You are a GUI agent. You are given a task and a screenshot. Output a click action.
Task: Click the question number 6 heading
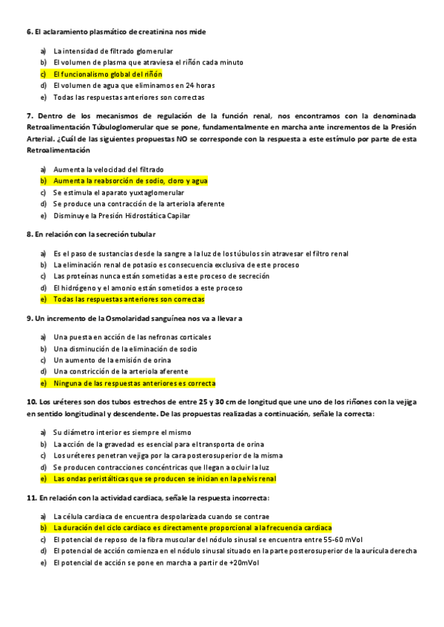(30, 32)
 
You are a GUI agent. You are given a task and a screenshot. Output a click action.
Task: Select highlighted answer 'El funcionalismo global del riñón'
(107, 74)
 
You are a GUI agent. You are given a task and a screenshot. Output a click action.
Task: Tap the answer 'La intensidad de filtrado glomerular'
(113, 51)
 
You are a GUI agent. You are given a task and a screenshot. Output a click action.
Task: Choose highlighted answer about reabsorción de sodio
(130, 180)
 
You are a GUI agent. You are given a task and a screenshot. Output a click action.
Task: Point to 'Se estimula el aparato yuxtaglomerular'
(118, 192)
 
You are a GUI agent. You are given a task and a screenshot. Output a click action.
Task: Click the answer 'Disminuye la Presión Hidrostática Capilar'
(121, 215)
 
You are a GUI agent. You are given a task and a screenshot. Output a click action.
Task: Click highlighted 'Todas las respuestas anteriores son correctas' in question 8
(129, 299)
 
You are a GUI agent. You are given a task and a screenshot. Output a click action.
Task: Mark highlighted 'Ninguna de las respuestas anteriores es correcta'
(134, 383)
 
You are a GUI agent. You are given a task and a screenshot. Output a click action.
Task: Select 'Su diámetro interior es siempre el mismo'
(114, 432)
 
